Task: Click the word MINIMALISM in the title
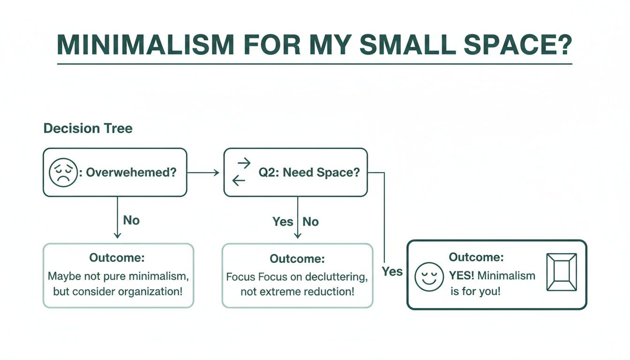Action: point(145,45)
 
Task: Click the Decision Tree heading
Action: point(88,128)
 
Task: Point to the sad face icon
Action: point(62,172)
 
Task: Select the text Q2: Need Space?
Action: point(309,172)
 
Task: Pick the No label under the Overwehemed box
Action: point(131,220)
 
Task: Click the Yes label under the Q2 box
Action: point(283,221)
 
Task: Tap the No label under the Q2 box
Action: point(310,221)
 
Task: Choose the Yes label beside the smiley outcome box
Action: point(392,271)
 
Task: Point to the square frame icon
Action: point(562,272)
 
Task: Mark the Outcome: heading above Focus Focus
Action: point(297,259)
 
